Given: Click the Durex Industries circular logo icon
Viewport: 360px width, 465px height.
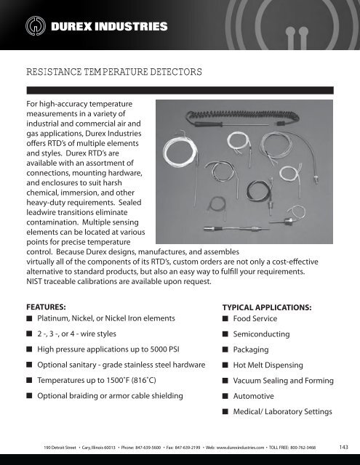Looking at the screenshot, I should click(34, 28).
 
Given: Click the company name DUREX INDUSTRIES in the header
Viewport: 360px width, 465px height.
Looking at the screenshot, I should click(110, 28).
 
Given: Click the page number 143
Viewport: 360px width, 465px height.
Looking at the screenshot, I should click(344, 447).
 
